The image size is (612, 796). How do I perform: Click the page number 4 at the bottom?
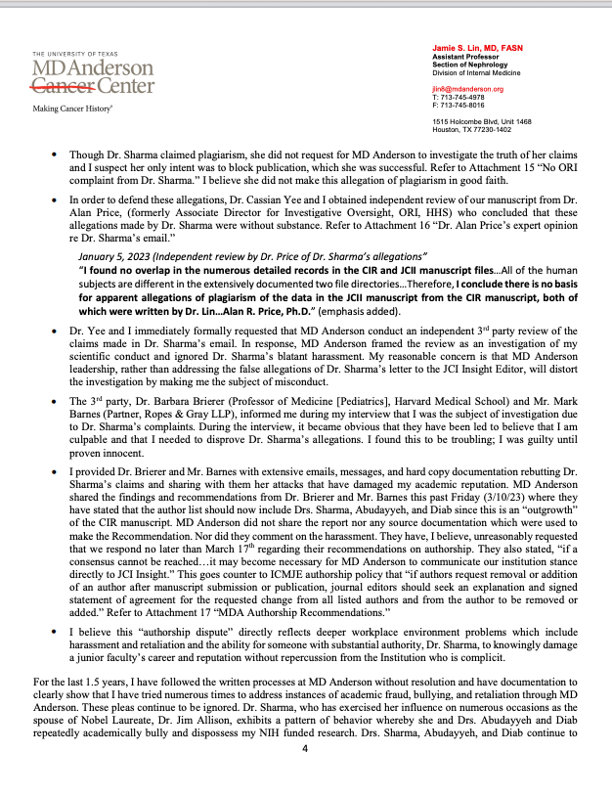(x=306, y=775)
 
